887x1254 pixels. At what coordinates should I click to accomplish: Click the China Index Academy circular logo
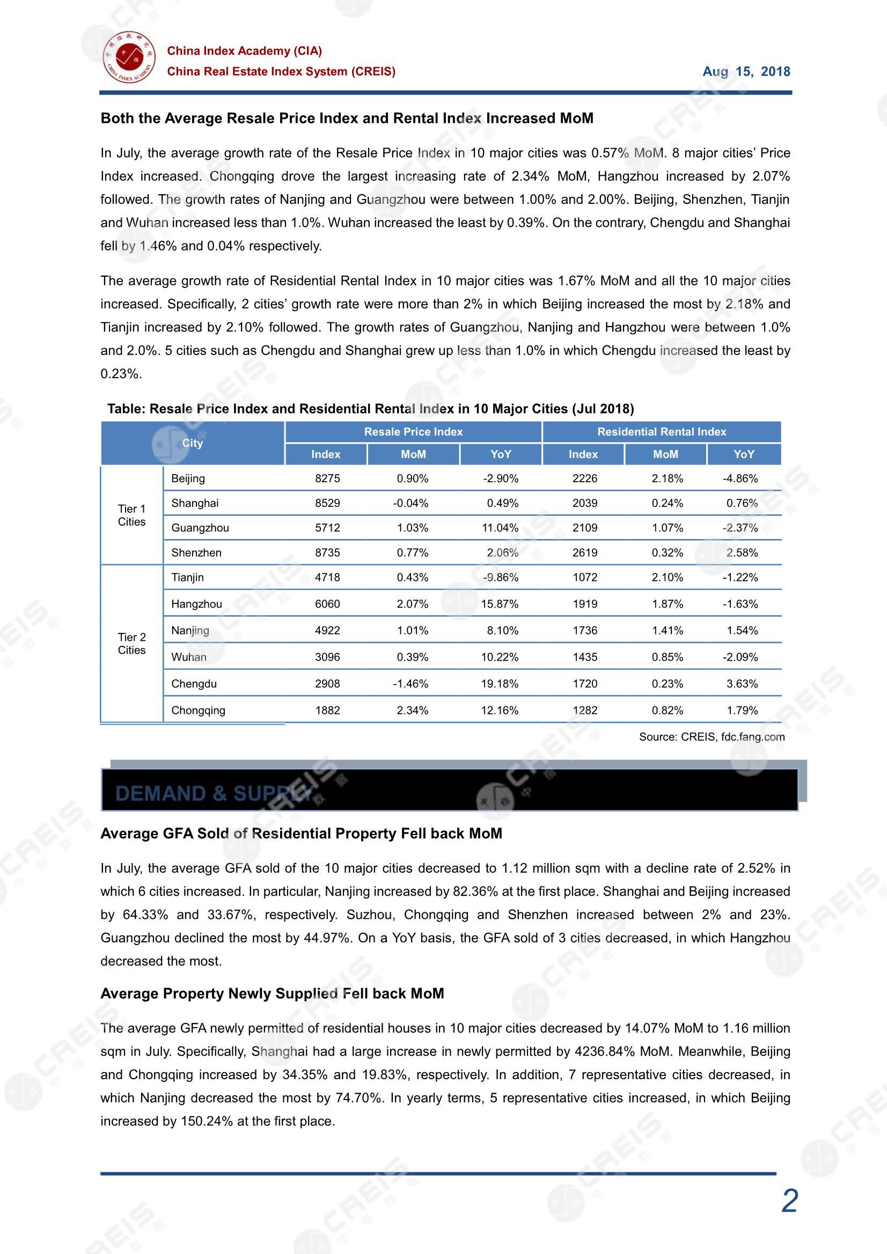[x=129, y=57]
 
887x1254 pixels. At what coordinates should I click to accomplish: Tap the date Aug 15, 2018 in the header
[x=746, y=71]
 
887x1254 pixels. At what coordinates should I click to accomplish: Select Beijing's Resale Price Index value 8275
[x=327, y=478]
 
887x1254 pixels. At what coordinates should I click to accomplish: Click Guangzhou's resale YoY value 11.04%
[x=500, y=528]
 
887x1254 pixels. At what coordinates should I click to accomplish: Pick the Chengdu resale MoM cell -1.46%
[x=410, y=683]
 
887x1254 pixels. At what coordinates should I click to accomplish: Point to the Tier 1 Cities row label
[x=131, y=515]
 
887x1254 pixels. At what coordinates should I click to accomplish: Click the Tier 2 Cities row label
[x=131, y=644]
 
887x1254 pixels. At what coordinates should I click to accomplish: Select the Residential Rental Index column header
[x=661, y=431]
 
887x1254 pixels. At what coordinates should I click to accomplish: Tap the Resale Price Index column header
[x=413, y=431]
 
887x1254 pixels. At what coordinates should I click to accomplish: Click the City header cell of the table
[x=193, y=443]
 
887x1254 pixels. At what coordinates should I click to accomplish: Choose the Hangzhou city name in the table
[x=197, y=603]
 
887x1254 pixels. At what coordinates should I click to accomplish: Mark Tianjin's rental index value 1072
[x=585, y=577]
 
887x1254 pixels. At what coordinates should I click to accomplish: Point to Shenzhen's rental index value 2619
[x=585, y=552]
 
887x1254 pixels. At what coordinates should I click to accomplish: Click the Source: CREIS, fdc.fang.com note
[x=712, y=737]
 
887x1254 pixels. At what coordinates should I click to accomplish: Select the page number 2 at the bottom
[x=790, y=1201]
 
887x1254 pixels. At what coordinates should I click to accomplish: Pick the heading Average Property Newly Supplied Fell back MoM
[x=272, y=993]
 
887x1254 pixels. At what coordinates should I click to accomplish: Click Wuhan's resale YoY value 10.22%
[x=500, y=657]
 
